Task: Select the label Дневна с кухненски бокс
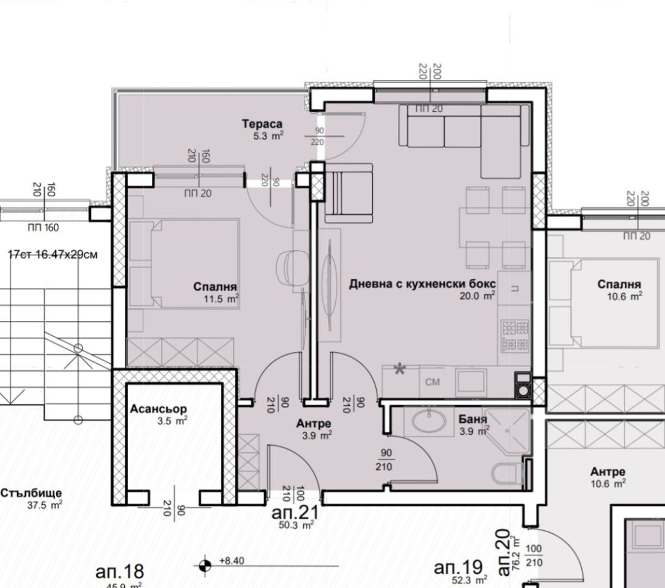422,284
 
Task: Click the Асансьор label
158,409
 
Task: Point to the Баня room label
473,419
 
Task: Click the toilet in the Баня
507,474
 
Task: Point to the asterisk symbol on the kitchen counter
400,370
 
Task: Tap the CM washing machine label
433,382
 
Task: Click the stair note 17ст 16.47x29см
53,254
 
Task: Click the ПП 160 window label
42,227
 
